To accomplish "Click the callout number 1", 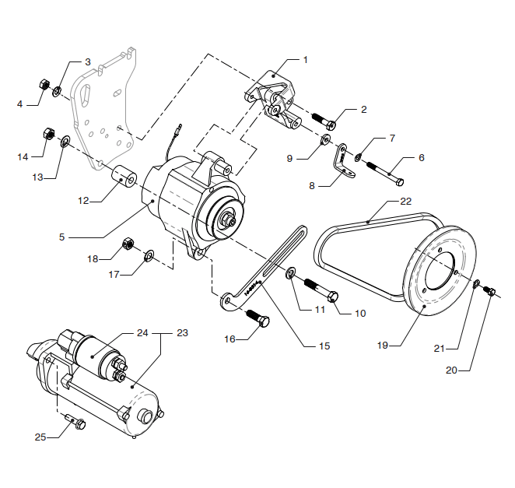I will click(306, 59).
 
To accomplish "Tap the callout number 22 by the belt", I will click(405, 201).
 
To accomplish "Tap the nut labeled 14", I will click(47, 133).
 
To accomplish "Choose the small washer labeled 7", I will click(357, 158).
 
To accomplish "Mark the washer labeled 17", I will click(149, 255).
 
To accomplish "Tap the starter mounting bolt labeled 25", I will click(79, 423).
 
